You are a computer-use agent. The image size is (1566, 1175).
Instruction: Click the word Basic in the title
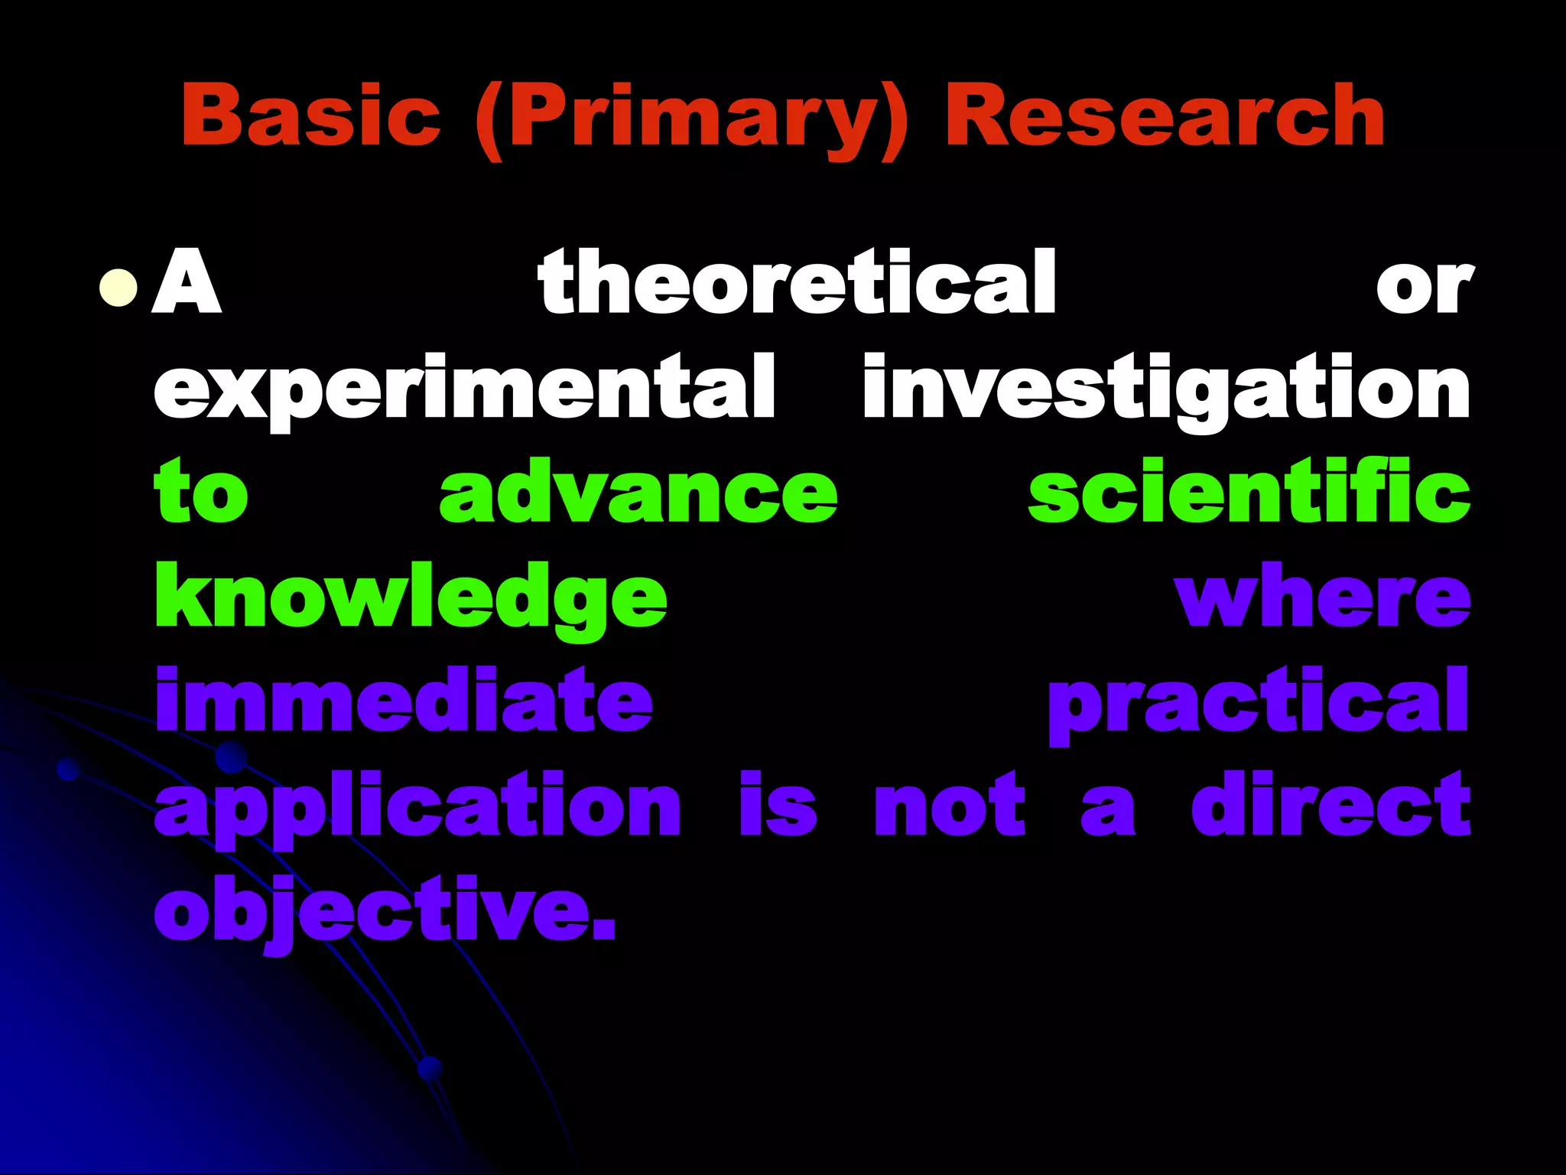(x=310, y=116)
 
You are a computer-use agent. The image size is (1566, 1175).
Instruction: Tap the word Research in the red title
(x=1165, y=116)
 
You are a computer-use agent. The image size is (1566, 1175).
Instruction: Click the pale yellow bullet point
(x=119, y=288)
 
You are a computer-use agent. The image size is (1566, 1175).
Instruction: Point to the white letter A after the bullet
(x=187, y=283)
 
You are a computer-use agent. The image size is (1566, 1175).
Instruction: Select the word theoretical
(x=797, y=283)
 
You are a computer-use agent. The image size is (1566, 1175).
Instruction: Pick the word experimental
(x=465, y=390)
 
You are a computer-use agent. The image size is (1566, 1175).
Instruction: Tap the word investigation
(x=1166, y=390)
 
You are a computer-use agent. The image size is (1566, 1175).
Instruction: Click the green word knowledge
(x=411, y=598)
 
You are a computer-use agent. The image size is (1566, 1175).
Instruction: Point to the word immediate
(x=404, y=700)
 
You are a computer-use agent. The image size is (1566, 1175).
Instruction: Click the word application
(x=417, y=807)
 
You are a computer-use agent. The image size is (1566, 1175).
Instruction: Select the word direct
(x=1330, y=805)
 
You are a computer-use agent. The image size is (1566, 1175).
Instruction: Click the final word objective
(x=385, y=912)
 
